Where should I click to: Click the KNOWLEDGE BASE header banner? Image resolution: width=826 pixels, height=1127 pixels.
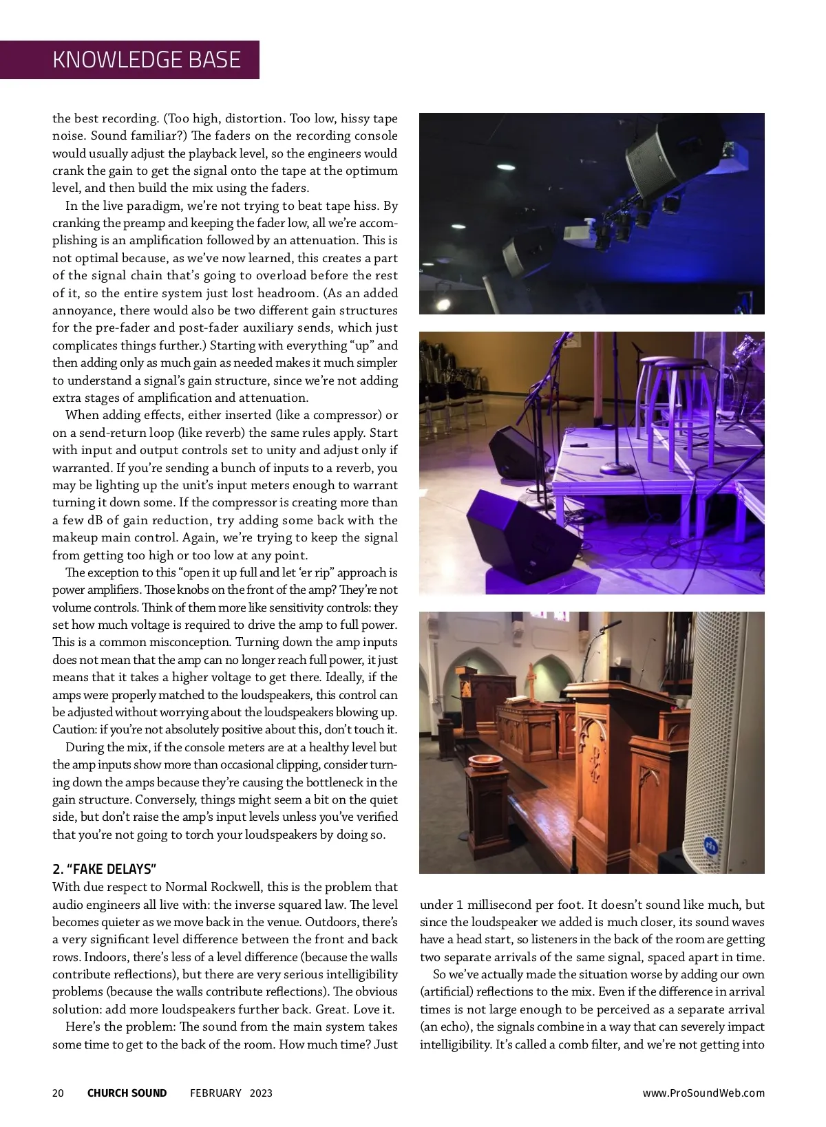point(146,60)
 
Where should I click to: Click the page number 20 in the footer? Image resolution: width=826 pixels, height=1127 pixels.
point(58,1093)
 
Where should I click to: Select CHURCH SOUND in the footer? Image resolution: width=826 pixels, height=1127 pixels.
point(127,1093)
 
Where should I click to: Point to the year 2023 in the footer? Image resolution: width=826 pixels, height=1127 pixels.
point(261,1093)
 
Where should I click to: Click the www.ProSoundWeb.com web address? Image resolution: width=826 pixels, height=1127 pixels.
point(703,1093)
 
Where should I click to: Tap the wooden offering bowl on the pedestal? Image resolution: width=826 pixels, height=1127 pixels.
point(485,761)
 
